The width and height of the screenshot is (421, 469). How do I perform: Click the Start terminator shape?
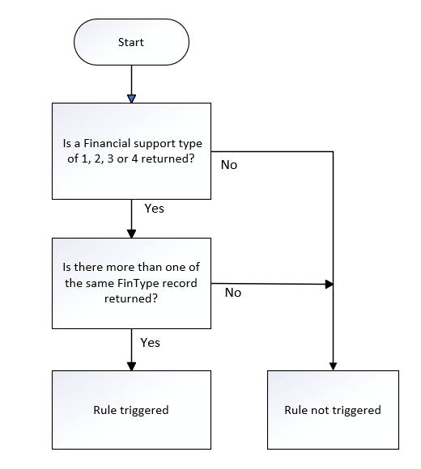click(131, 42)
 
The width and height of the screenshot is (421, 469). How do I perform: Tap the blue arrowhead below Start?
click(131, 99)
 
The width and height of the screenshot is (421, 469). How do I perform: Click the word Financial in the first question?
click(107, 143)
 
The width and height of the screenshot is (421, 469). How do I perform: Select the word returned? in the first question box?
click(168, 158)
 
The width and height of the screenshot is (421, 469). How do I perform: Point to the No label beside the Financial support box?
click(229, 165)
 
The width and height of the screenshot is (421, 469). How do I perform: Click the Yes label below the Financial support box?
click(154, 209)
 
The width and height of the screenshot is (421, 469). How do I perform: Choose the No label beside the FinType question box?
click(233, 293)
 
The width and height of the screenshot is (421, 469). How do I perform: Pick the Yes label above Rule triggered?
click(151, 343)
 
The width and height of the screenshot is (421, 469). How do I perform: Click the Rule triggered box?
click(131, 410)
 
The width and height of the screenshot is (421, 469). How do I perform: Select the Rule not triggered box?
click(333, 410)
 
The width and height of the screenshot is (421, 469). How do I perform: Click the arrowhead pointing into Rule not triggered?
click(333, 366)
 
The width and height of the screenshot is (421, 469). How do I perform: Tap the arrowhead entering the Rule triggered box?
click(131, 366)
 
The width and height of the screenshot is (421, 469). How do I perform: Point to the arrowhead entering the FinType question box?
click(131, 234)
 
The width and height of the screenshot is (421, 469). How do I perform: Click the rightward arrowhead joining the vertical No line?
click(329, 284)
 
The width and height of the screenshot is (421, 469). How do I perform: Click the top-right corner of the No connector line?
click(333, 152)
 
